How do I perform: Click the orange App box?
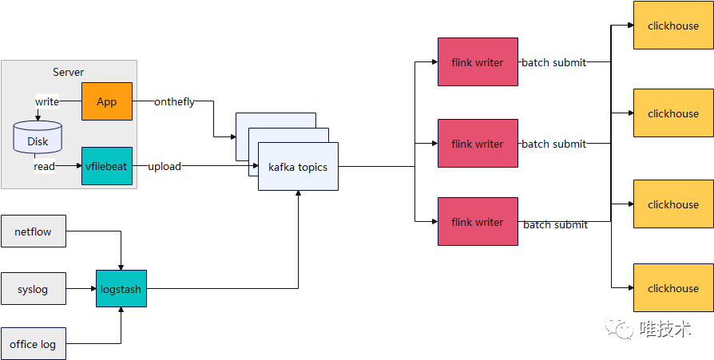[107, 101]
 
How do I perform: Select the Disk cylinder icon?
[38, 137]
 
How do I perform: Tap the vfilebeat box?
[107, 166]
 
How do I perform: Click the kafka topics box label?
[298, 167]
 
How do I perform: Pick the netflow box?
[33, 231]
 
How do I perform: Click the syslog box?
[33, 290]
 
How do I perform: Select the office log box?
[33, 344]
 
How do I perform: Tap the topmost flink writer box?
[478, 62]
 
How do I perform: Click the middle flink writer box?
[478, 144]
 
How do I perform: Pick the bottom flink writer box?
[478, 222]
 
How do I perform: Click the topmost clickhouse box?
[673, 26]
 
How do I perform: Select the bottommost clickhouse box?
[673, 288]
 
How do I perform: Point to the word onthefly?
[174, 101]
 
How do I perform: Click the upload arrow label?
[165, 166]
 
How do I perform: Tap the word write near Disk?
[46, 101]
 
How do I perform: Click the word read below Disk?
[44, 166]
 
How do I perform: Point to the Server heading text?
[69, 73]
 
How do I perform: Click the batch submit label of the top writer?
[553, 62]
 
